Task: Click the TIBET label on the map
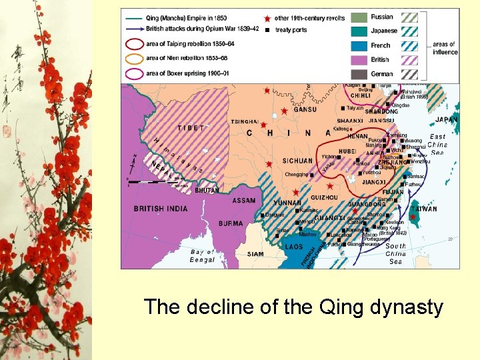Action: tap(191, 128)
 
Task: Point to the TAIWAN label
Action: tap(424, 209)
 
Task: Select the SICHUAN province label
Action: tap(297, 161)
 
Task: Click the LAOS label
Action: tap(294, 247)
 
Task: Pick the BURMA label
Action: tap(231, 223)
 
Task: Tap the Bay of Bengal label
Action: tap(203, 255)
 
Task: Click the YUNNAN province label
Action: tap(287, 203)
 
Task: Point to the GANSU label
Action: tap(305, 109)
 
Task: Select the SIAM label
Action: tap(255, 254)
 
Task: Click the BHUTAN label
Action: tap(207, 191)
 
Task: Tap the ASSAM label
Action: tap(244, 201)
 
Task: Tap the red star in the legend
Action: tap(267, 18)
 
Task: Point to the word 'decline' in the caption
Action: tap(219, 307)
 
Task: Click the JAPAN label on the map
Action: tap(447, 120)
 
